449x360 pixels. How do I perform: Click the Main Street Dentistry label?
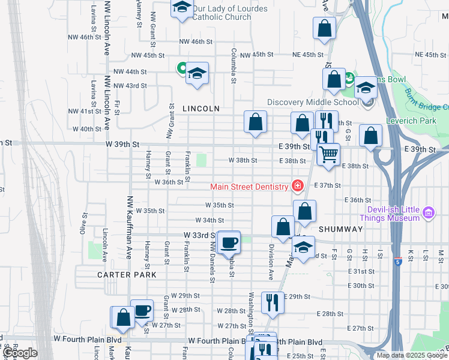coord(249,187)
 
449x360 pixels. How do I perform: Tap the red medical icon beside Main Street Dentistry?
coord(296,187)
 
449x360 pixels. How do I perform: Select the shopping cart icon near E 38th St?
coord(328,154)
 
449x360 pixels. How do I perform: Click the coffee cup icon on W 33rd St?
coord(229,242)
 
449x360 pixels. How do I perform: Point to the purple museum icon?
coord(427,212)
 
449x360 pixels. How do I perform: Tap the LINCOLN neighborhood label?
coord(201,109)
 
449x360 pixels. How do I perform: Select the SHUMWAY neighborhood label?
coord(340,229)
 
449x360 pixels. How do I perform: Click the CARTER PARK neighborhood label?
coord(127,275)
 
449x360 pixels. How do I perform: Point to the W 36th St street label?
coord(168,182)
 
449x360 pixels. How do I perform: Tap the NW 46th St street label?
coord(196,42)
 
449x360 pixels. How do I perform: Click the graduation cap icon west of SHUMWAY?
coord(304,247)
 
